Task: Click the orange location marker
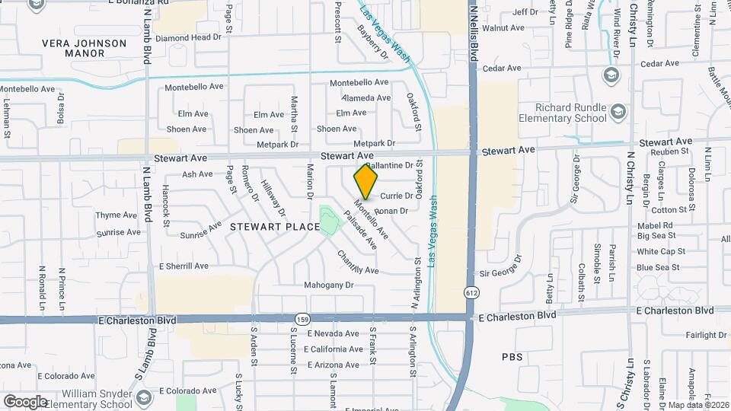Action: click(x=366, y=181)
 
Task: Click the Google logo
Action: click(x=25, y=402)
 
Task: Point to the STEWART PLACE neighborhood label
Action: click(x=265, y=227)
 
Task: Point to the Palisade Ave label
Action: click(x=360, y=232)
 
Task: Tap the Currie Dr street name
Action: click(x=396, y=196)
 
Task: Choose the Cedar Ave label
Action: click(x=502, y=68)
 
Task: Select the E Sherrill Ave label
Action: click(x=183, y=266)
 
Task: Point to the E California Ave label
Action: click(x=334, y=349)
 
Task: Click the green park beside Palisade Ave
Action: click(x=328, y=221)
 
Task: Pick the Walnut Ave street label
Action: click(x=509, y=28)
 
